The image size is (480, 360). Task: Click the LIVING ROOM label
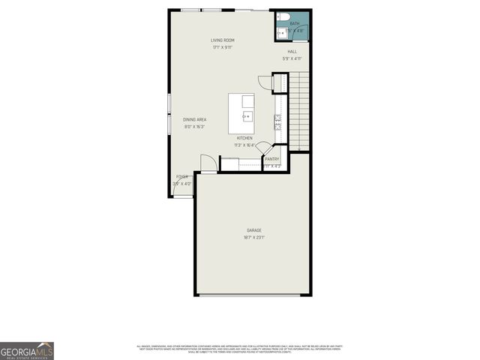[x=222, y=40]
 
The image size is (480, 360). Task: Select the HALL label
[x=292, y=52]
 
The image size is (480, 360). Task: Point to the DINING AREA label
[x=194, y=120]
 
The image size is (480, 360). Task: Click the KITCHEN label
[x=244, y=138]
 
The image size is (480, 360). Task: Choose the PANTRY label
[x=271, y=159]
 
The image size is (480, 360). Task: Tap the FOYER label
[x=182, y=177]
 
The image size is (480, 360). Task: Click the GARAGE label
[x=254, y=230]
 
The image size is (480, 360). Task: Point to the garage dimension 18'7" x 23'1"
[x=254, y=238]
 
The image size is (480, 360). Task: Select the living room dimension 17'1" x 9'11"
[x=222, y=47]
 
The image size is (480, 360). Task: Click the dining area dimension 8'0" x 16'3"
[x=194, y=127]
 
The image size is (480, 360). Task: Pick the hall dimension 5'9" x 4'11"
[x=292, y=58]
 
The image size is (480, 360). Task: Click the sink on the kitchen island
[x=247, y=117]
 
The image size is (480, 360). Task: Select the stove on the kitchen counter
[x=277, y=118]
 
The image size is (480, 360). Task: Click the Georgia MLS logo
[x=27, y=351]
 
